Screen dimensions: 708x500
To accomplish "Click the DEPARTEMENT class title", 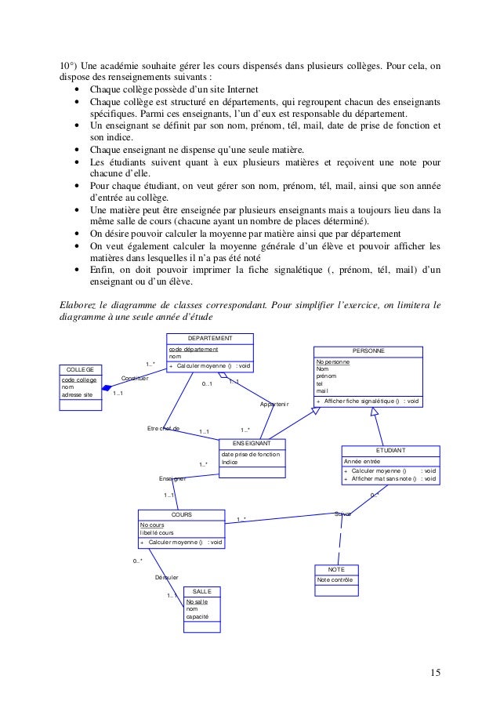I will pyautogui.click(x=210, y=338).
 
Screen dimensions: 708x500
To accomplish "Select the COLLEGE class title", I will pyautogui.click(x=80, y=369).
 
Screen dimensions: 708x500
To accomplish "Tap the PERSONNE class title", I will pyautogui.click(x=368, y=351).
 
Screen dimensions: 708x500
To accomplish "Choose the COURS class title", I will pyautogui.click(x=181, y=514).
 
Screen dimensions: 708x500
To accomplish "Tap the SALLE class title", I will pyautogui.click(x=202, y=591).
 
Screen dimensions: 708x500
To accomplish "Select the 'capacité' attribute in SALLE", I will pyautogui.click(x=197, y=617).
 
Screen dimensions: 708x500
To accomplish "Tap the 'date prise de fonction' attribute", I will pyautogui.click(x=249, y=454).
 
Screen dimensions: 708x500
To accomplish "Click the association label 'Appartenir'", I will pyautogui.click(x=274, y=405).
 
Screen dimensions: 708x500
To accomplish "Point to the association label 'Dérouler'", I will pyautogui.click(x=167, y=577).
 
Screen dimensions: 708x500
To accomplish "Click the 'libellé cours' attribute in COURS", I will pyautogui.click(x=159, y=532).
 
